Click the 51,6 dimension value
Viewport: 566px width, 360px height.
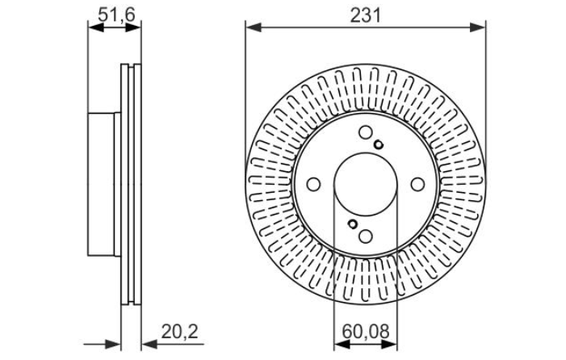click(116, 15)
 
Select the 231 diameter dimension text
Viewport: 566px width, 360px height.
click(365, 16)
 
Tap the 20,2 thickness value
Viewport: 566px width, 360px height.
click(179, 332)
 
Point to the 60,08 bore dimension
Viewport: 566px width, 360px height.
click(365, 332)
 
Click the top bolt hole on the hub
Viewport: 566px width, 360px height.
click(366, 132)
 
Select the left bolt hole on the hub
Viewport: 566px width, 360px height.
click(313, 184)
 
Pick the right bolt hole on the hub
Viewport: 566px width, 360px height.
click(417, 184)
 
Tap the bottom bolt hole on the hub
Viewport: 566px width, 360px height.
click(366, 237)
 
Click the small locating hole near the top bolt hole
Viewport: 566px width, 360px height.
click(379, 145)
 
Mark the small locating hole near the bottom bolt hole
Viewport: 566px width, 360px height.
click(353, 224)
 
